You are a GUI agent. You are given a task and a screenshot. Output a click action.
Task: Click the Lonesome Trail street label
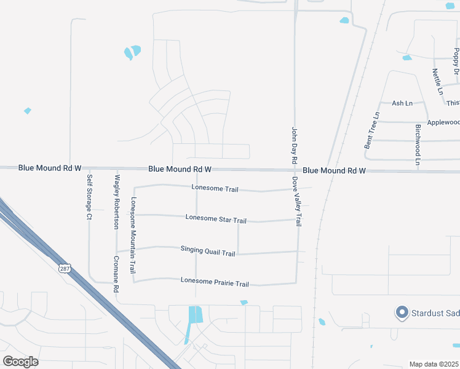pyautogui.click(x=215, y=189)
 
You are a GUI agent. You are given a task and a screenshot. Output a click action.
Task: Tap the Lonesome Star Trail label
pyautogui.click(x=216, y=219)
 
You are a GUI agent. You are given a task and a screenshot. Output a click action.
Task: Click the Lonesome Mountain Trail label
pyautogui.click(x=133, y=236)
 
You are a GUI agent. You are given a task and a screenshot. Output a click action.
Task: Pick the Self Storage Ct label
pyautogui.click(x=90, y=197)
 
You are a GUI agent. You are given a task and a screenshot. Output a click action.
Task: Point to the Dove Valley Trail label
pyautogui.click(x=296, y=202)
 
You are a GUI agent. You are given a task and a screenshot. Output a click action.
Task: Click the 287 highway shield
pyautogui.click(x=65, y=268)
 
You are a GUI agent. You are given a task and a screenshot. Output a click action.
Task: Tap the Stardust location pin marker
pyautogui.click(x=402, y=313)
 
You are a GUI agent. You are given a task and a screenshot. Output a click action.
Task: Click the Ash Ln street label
pyautogui.click(x=402, y=103)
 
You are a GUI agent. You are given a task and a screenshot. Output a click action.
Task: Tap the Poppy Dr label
pyautogui.click(x=456, y=61)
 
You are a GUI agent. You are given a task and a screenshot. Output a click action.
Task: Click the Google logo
pyautogui.click(x=21, y=362)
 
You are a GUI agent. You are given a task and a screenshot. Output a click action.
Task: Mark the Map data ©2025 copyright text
pyautogui.click(x=434, y=364)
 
